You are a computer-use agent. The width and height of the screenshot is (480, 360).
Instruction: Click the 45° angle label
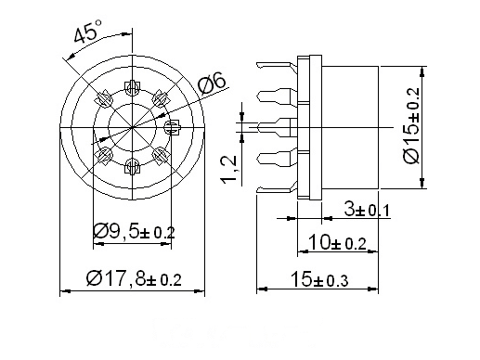click(x=88, y=31)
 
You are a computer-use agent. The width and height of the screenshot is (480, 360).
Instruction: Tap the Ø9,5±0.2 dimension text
click(x=134, y=232)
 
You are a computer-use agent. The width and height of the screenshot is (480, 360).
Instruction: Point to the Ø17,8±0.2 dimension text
click(x=134, y=278)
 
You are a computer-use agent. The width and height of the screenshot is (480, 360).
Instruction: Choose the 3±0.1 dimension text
click(x=367, y=211)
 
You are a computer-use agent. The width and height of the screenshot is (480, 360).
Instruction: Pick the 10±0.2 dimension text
click(x=337, y=242)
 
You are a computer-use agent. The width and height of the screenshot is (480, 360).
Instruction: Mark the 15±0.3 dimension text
click(x=319, y=280)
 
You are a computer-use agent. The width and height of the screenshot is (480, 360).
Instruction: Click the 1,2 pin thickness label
click(x=229, y=169)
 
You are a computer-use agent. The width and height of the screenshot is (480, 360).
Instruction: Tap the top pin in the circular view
click(x=133, y=88)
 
